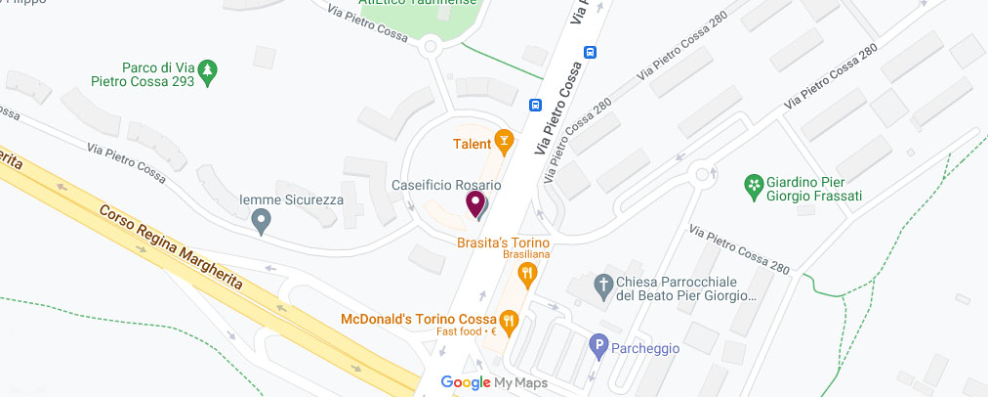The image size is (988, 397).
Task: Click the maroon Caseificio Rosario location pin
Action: coord(475,203)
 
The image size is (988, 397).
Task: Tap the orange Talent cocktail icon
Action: coord(504,143)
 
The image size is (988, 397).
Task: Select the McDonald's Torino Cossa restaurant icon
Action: coord(509,320)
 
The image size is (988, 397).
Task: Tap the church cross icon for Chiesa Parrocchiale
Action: coord(601,287)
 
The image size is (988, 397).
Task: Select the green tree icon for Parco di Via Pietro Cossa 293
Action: coord(207,69)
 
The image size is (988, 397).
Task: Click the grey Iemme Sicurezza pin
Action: coord(261,223)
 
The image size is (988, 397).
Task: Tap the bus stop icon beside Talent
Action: coord(535,105)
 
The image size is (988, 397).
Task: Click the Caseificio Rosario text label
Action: coord(446,185)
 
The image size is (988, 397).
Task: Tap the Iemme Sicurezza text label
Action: coord(291,199)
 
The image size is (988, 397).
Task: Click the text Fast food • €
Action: coord(467,332)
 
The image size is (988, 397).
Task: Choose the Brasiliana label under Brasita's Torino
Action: coord(528,254)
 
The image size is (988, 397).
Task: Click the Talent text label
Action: coord(472,144)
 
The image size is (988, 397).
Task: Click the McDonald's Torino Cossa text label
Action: coord(417,319)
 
